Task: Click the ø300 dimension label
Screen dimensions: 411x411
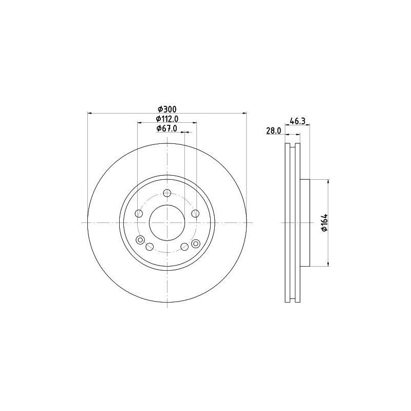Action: (167, 109)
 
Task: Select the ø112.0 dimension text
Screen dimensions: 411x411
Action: (166, 119)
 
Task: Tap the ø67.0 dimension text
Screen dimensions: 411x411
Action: (166, 129)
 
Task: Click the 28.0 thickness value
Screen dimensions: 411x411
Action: (273, 131)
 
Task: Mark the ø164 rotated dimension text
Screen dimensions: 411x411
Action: (325, 223)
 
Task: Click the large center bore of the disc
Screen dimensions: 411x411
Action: (167, 222)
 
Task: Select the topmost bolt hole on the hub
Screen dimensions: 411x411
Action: (167, 193)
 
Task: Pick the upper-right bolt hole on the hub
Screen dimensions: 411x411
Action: (195, 214)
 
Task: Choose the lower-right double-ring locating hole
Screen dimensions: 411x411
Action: (195, 244)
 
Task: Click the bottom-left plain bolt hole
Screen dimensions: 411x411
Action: (150, 247)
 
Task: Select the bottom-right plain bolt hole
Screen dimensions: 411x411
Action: (184, 247)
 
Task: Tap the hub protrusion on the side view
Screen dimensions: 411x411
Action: (306, 222)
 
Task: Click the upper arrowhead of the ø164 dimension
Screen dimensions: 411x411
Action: (328, 181)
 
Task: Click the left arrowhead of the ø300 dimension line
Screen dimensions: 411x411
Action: (89, 113)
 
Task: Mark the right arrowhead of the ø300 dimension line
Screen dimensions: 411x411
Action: (245, 113)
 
